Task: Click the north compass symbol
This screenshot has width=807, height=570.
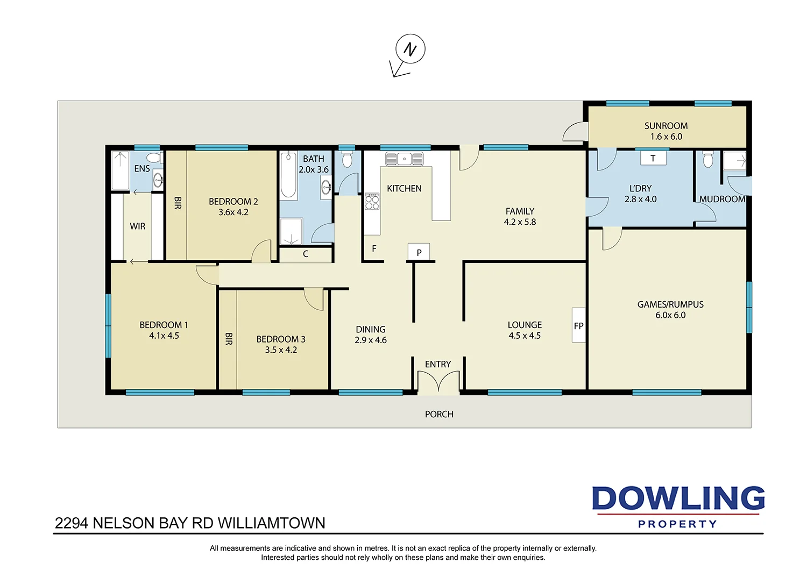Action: (410, 49)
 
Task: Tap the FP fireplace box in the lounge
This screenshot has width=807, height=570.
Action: (578, 325)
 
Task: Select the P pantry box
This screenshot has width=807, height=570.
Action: (419, 252)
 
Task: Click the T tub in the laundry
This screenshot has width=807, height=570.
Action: (653, 158)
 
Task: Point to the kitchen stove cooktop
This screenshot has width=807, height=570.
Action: (372, 201)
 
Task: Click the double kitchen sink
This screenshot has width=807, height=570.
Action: (405, 159)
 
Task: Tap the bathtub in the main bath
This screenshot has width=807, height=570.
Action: (288, 175)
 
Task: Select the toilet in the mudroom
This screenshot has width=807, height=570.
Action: (708, 159)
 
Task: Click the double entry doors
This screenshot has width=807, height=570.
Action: (438, 383)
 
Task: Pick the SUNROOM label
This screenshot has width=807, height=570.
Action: (666, 126)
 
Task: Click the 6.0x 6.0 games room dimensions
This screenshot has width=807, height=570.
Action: (670, 315)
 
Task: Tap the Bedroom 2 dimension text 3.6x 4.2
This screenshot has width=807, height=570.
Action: (233, 212)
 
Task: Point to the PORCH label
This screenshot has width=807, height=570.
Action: (439, 414)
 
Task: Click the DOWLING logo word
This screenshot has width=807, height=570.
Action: (678, 498)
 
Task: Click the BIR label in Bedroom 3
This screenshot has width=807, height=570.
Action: (229, 339)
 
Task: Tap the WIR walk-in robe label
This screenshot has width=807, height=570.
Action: (138, 226)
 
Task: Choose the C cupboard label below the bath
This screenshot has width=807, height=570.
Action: (306, 254)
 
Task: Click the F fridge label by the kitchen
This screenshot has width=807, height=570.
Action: (374, 248)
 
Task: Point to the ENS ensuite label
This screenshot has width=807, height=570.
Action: (142, 168)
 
